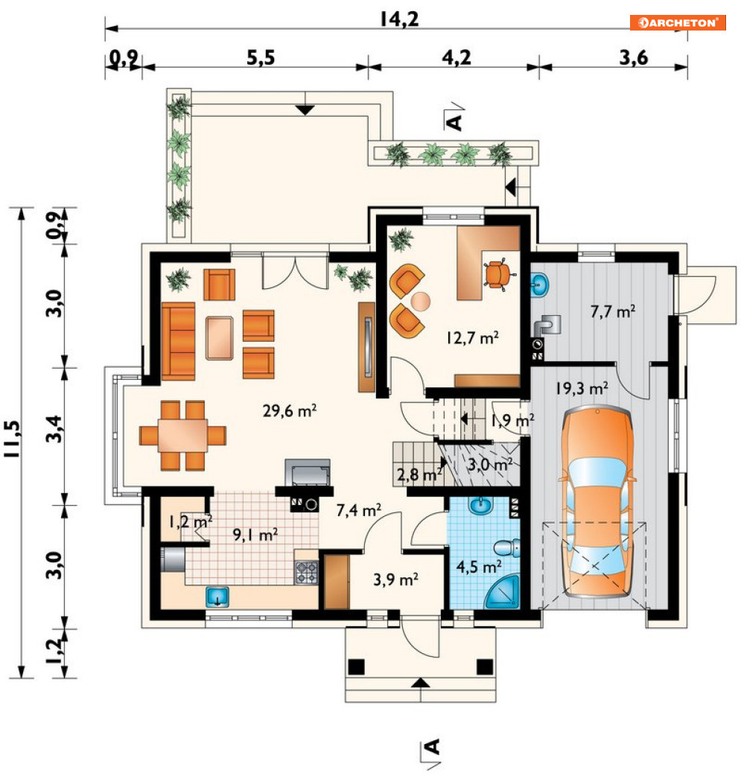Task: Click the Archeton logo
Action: pos(678,22)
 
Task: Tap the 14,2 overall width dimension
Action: pos(399,19)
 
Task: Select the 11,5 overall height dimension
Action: pos(13,439)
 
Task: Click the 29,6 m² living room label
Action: pos(289,410)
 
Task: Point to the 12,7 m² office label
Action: pos(472,337)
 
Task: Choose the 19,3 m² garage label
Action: pos(582,387)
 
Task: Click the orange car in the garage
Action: pos(597,502)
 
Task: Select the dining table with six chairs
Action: pos(182,436)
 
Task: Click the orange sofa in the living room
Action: pos(178,340)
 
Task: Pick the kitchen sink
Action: pos(217,597)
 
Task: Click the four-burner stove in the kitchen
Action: pos(307,573)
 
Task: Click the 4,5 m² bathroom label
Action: pos(479,567)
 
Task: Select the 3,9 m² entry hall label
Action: pos(395,579)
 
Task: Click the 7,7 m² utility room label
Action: pos(612,311)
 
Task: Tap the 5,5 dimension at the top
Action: pos(261,58)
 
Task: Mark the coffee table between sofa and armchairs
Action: pos(220,337)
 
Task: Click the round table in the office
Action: pos(420,301)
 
